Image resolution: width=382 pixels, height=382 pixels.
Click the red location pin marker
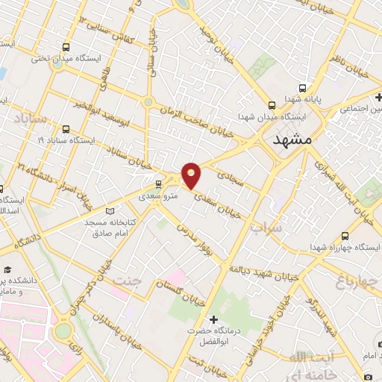(192, 174)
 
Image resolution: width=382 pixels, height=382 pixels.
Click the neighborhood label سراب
(268, 227)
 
